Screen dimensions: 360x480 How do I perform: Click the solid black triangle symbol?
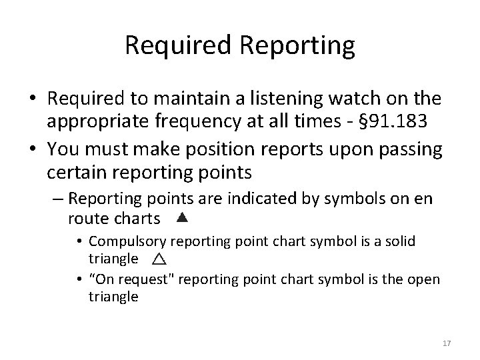tap(183, 217)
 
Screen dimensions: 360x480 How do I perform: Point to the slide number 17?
tap(447, 343)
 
